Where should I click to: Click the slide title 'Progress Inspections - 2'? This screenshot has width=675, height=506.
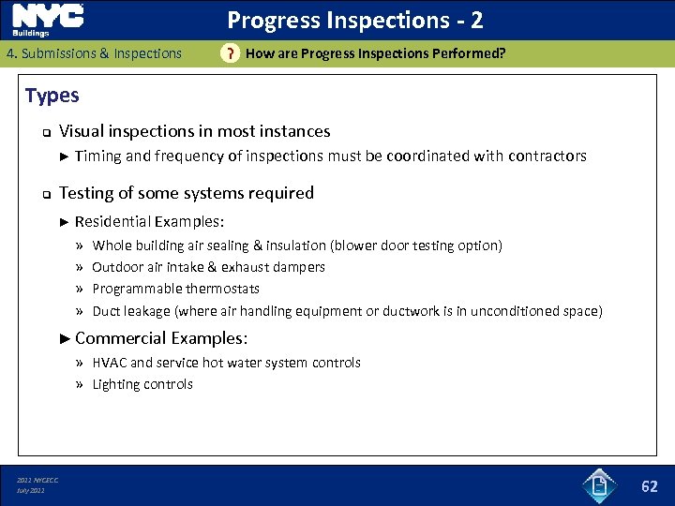[x=355, y=20]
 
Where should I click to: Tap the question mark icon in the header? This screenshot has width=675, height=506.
[x=228, y=54]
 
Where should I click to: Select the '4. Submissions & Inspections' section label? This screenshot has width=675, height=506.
[x=94, y=53]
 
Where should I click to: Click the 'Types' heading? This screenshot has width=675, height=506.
[x=52, y=96]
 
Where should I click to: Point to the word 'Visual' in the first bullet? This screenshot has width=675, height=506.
[x=82, y=131]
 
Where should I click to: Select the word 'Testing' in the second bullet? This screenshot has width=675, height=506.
[x=87, y=193]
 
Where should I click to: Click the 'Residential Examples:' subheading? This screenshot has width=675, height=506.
[x=149, y=221]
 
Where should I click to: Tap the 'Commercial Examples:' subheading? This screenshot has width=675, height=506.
[x=160, y=337]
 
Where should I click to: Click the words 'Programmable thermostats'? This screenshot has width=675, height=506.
[x=175, y=289]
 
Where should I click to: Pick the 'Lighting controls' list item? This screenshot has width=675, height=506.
[x=142, y=384]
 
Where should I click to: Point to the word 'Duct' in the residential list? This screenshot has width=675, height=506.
[x=106, y=311]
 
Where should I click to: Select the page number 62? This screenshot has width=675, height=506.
[x=649, y=485]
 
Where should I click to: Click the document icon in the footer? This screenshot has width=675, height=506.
[x=597, y=484]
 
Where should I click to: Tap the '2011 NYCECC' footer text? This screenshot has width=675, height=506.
[x=37, y=481]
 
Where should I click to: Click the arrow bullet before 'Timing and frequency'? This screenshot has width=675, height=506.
[x=64, y=156]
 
